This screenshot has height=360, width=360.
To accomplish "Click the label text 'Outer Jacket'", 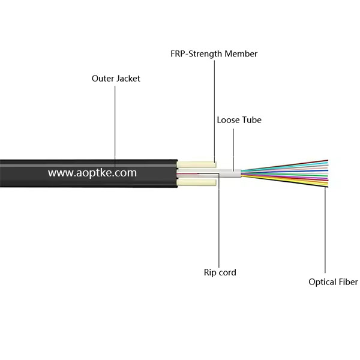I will (116, 79).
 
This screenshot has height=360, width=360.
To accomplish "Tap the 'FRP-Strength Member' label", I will (214, 54).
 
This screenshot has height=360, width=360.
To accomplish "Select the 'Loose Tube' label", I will (239, 120).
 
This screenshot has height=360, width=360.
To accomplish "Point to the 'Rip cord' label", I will (220, 272).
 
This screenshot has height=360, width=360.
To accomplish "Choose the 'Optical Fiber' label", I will (333, 281).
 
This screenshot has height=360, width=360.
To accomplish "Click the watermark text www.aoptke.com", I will (92, 173).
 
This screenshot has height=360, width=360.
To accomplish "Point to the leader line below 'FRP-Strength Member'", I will (214, 108).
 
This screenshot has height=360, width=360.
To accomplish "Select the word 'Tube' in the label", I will (251, 120).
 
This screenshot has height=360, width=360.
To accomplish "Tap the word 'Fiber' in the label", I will (346, 281).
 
